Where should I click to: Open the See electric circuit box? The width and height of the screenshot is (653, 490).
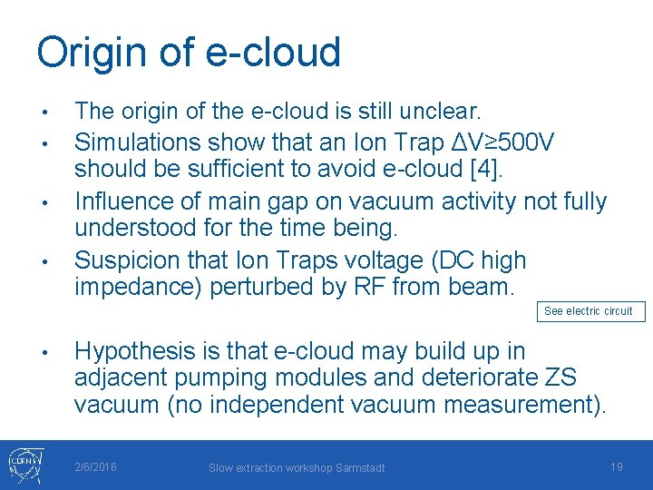tap(590, 311)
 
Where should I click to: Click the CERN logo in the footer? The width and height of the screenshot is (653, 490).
tap(23, 465)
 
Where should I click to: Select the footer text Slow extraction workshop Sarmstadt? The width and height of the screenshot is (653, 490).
tap(297, 467)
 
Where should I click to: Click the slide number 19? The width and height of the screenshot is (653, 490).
tap(616, 466)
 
